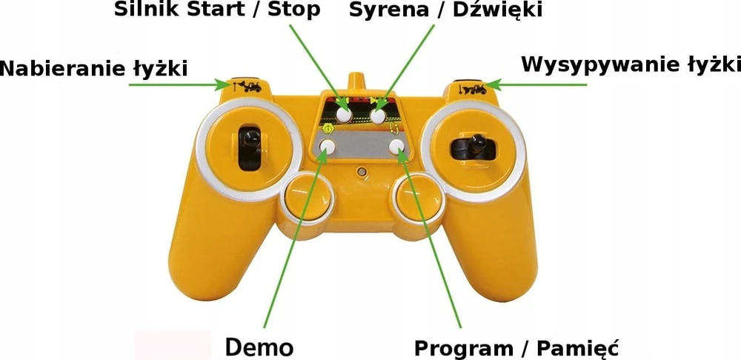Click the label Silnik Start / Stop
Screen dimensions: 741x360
point(217,10)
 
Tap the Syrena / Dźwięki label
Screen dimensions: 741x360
point(445,10)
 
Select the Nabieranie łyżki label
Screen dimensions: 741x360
point(94,69)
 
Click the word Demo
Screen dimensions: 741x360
point(259,347)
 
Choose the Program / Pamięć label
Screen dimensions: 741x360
point(516,349)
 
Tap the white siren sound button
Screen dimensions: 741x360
point(378,116)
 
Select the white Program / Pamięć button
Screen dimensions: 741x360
point(397,146)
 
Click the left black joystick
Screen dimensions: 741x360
point(250,147)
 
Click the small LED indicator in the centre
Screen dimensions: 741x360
point(362,171)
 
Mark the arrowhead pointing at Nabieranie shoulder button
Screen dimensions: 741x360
point(225,85)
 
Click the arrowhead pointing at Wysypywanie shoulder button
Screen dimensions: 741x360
point(493,85)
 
